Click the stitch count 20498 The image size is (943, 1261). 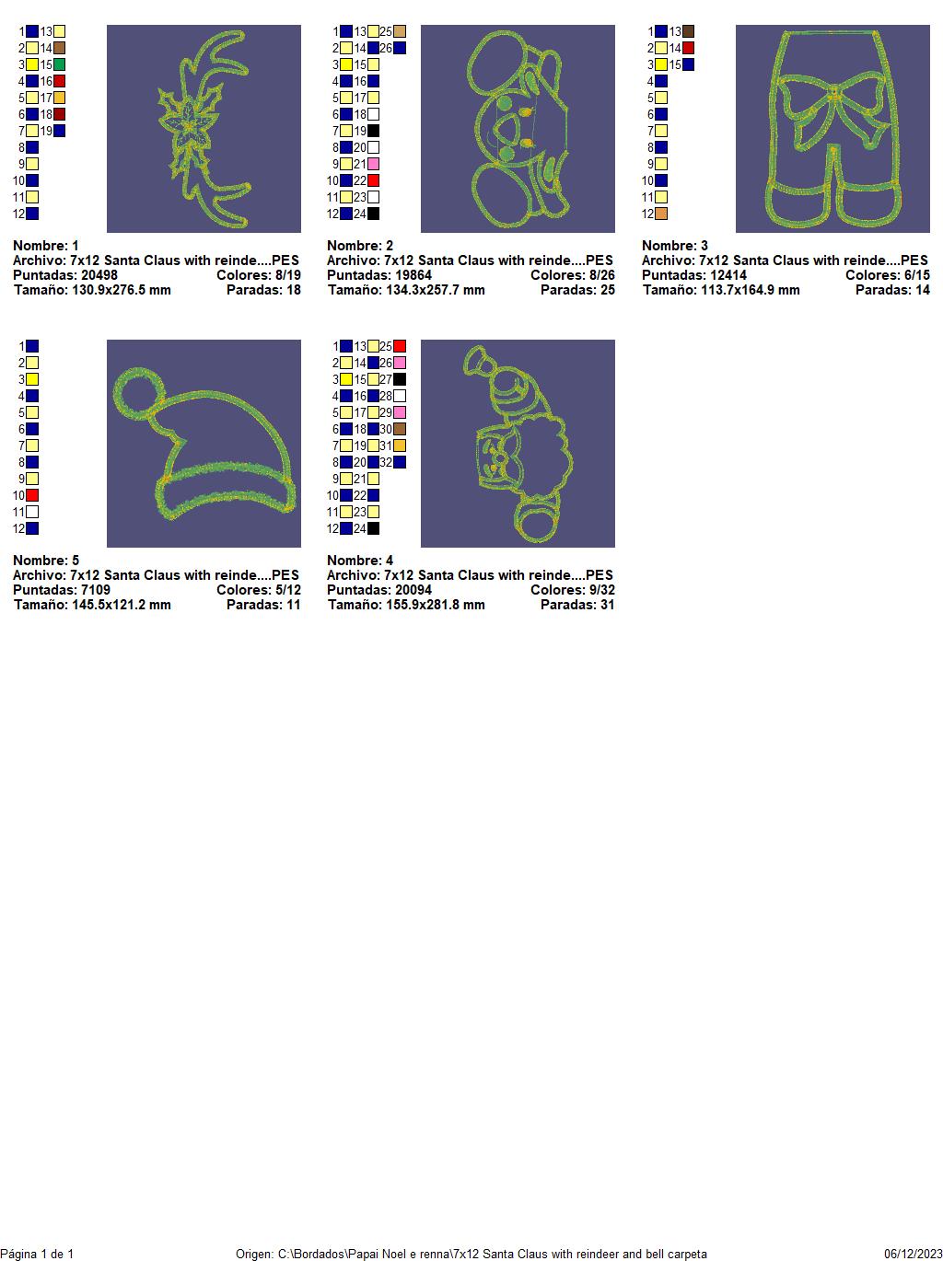click(99, 275)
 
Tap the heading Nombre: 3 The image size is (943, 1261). click(675, 246)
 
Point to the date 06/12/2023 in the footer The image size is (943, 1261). click(914, 1255)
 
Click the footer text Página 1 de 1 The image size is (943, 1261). click(37, 1255)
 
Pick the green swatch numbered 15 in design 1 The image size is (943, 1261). click(59, 65)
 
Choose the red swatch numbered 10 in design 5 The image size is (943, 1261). click(32, 495)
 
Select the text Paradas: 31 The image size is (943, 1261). click(577, 605)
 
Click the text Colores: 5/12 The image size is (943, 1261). click(259, 590)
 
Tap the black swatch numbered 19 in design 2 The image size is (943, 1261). click(373, 131)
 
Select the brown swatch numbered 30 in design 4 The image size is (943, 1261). click(400, 429)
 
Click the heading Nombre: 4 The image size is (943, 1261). click(360, 561)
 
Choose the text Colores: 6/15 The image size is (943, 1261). click(888, 275)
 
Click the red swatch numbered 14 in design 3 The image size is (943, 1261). click(688, 48)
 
